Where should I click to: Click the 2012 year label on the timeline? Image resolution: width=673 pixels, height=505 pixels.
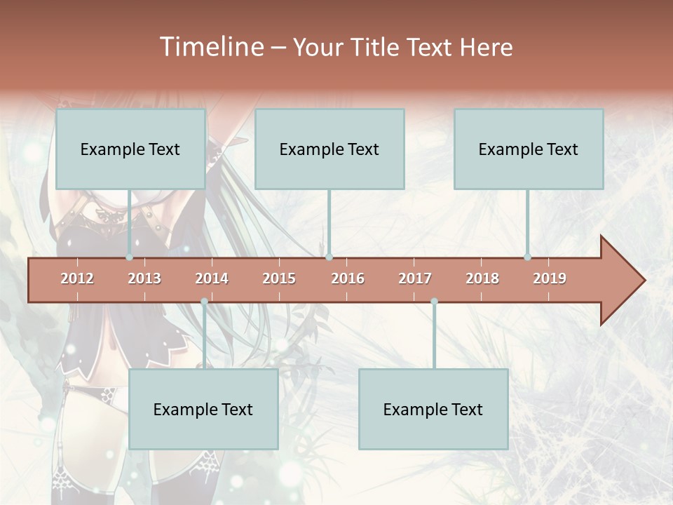(77, 278)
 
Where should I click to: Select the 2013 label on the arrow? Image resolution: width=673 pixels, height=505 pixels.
(144, 278)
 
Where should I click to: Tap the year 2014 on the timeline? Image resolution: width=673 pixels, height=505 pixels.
(212, 278)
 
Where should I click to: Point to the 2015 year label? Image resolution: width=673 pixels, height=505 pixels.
(279, 278)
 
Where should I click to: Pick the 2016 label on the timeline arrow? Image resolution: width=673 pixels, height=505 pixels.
(348, 278)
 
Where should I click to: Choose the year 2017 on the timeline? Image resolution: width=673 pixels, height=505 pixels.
(415, 278)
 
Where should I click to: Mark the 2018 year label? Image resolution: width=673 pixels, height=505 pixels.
(482, 278)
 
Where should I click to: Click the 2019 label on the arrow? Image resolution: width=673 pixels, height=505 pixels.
(550, 278)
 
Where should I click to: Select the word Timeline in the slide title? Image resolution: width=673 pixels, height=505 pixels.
(210, 47)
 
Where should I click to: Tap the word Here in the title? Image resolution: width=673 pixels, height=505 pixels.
(486, 47)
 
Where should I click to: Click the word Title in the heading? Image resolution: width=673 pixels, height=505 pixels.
(374, 47)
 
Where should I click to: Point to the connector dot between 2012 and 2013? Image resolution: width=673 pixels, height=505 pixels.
(130, 257)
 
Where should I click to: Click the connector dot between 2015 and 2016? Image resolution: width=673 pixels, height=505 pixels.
(329, 257)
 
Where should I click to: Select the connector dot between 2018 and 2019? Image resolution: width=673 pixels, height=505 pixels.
(527, 257)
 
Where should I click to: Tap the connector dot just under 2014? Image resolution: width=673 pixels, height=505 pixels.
(204, 301)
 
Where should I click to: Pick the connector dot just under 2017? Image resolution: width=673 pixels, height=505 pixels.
(434, 301)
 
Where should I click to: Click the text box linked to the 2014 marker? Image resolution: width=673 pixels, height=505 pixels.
(203, 409)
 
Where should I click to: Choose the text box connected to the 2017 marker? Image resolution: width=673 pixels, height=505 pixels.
(433, 409)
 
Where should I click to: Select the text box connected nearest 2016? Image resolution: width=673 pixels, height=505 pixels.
(329, 149)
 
